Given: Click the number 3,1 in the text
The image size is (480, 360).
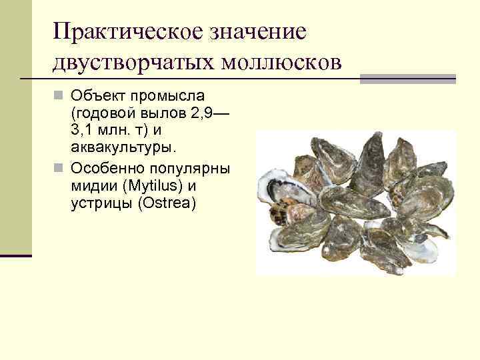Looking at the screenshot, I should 83,130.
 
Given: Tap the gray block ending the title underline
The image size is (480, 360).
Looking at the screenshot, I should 407,79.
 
